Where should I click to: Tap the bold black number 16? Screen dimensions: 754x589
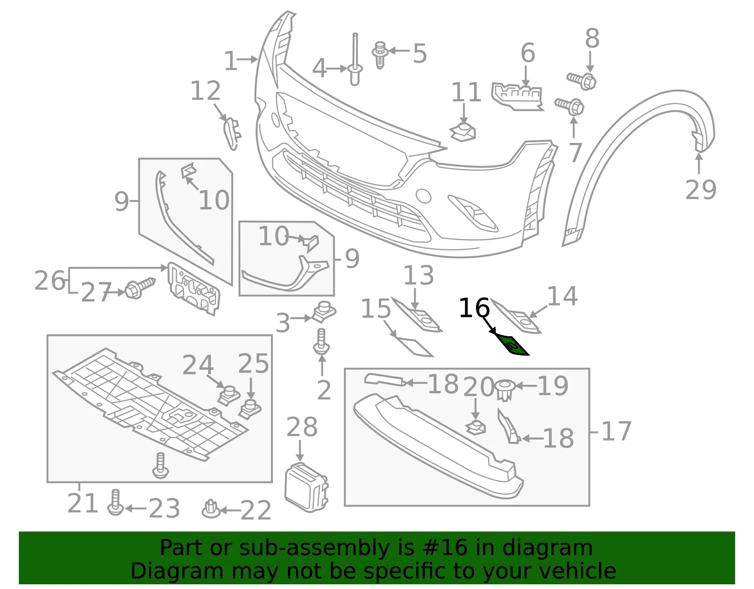(474, 308)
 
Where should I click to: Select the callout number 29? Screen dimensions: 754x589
(701, 190)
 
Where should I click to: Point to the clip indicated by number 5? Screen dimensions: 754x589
(380, 55)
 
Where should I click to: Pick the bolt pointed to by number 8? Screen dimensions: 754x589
(582, 81)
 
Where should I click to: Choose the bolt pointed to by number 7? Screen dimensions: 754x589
(569, 106)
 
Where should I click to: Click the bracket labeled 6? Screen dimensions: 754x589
(516, 97)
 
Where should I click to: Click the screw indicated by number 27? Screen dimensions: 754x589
(140, 288)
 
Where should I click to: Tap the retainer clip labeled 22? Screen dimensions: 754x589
(211, 509)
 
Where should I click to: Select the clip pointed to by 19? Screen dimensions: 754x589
(505, 390)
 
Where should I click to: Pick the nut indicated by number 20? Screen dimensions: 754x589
(475, 427)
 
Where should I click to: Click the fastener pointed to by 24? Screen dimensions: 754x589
(229, 396)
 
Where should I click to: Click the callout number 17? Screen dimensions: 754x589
(616, 431)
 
